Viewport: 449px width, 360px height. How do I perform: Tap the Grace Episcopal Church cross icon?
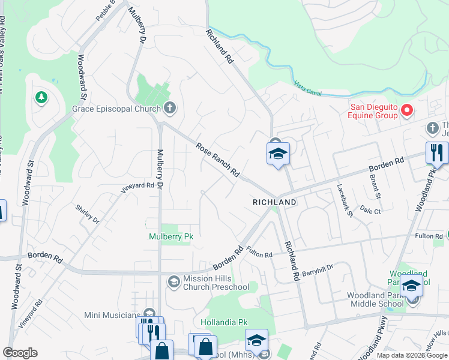[x=170, y=109]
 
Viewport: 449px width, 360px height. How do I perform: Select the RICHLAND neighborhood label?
[x=274, y=202]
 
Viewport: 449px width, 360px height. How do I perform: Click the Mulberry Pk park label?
[x=171, y=236]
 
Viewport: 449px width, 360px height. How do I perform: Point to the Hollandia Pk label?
[x=228, y=322]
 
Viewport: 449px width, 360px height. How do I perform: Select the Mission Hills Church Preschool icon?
[x=173, y=281]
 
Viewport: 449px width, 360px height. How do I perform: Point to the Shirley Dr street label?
[x=87, y=212]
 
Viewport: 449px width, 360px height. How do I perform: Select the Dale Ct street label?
[x=370, y=211]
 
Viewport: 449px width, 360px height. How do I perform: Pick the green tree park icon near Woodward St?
[x=41, y=97]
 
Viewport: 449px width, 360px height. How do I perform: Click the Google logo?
[x=20, y=353]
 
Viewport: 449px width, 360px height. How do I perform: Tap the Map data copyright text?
[x=412, y=355]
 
